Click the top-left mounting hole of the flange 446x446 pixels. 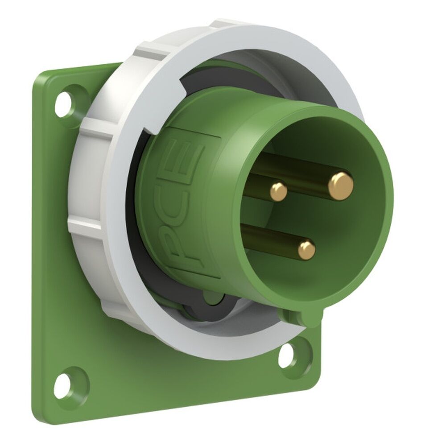(x=64, y=102)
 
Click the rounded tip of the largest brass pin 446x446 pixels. (x=341, y=186)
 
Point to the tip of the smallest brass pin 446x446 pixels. (x=278, y=191)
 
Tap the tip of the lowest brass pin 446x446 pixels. (x=307, y=250)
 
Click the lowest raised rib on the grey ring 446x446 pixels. (x=111, y=308)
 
